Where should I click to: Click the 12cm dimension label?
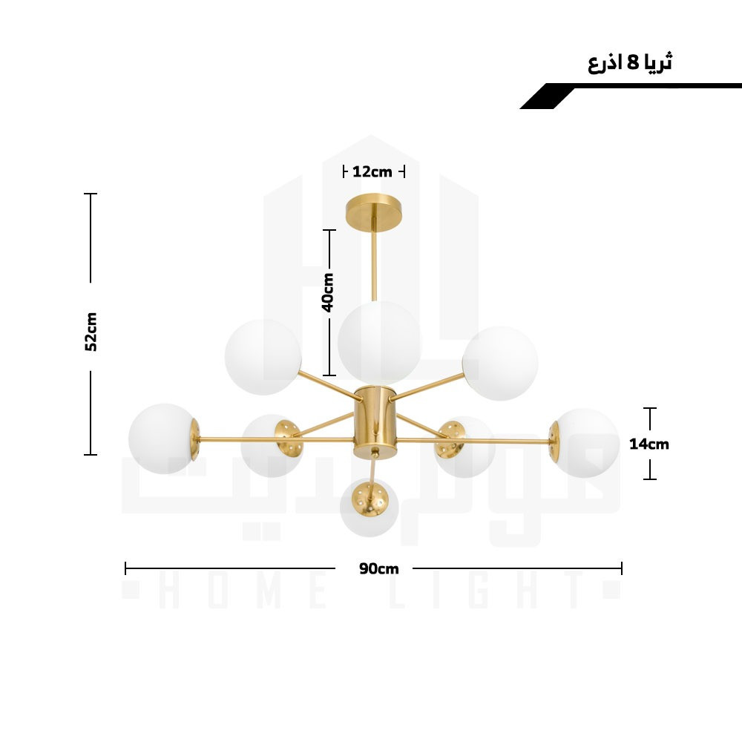coord(372,172)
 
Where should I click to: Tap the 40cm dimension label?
coord(328,292)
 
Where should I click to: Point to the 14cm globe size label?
coord(649,444)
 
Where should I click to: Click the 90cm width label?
coord(378,568)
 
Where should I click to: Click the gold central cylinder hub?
coord(375,421)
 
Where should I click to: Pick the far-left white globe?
coord(162,439)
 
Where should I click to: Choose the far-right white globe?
coord(587,443)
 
